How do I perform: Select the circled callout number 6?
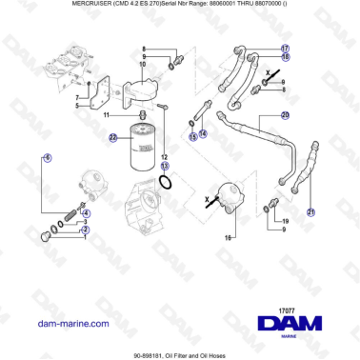click(48, 156)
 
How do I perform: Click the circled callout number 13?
click(164, 166)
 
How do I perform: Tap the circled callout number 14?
click(203, 134)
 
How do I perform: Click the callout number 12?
click(164, 155)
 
